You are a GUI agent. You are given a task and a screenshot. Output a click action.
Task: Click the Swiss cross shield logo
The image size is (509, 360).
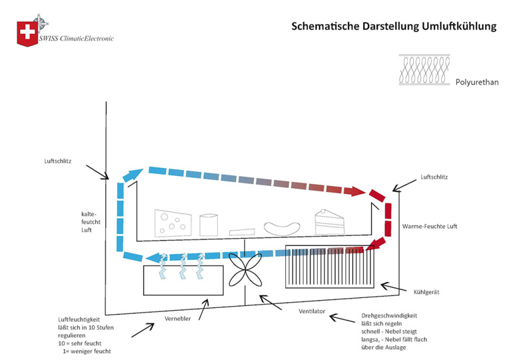coord(27,33)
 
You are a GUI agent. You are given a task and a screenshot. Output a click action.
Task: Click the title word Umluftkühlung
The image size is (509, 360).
coord(460,27)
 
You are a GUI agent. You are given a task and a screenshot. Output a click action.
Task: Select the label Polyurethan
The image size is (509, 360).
coord(476,83)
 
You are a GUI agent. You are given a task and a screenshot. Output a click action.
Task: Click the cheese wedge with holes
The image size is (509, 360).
coord(173,222)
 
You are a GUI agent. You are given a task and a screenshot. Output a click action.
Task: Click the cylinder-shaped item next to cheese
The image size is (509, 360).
coord(209,224)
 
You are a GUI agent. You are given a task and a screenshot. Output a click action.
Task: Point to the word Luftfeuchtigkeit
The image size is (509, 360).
coord(81,319)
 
